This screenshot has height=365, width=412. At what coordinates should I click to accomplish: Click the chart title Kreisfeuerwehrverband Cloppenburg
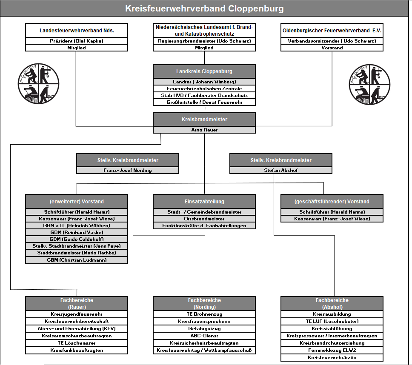click(x=205, y=9)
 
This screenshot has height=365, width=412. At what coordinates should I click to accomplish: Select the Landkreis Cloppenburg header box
click(x=204, y=71)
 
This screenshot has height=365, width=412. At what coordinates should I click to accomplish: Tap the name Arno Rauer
click(x=204, y=130)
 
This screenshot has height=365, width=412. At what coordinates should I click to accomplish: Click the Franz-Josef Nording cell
click(x=128, y=170)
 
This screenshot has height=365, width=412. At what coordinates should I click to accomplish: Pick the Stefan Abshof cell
click(x=281, y=170)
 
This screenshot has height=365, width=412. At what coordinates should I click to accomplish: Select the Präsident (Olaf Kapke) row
click(x=77, y=41)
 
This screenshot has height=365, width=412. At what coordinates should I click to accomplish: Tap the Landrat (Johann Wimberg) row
click(x=204, y=82)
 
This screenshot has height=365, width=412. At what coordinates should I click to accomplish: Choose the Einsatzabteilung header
click(x=204, y=201)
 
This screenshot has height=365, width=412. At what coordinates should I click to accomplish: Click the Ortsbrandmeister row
click(x=204, y=219)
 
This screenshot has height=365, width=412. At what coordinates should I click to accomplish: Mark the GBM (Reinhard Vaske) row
click(x=77, y=232)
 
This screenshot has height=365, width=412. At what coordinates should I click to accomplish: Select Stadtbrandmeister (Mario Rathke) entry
click(x=77, y=253)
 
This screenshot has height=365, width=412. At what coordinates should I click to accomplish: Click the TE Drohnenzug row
click(x=204, y=314)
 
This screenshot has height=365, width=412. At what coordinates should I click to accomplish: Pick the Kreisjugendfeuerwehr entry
click(x=77, y=314)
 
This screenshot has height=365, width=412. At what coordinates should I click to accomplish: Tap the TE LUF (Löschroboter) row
click(x=332, y=321)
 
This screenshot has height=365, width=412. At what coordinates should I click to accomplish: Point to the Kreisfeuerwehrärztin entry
click(x=332, y=357)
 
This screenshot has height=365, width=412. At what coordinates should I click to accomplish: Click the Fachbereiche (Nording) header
click(x=204, y=303)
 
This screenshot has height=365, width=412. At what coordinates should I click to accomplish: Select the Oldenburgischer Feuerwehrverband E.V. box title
click(x=332, y=31)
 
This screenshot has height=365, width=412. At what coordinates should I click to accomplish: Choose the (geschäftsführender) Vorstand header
click(x=332, y=201)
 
